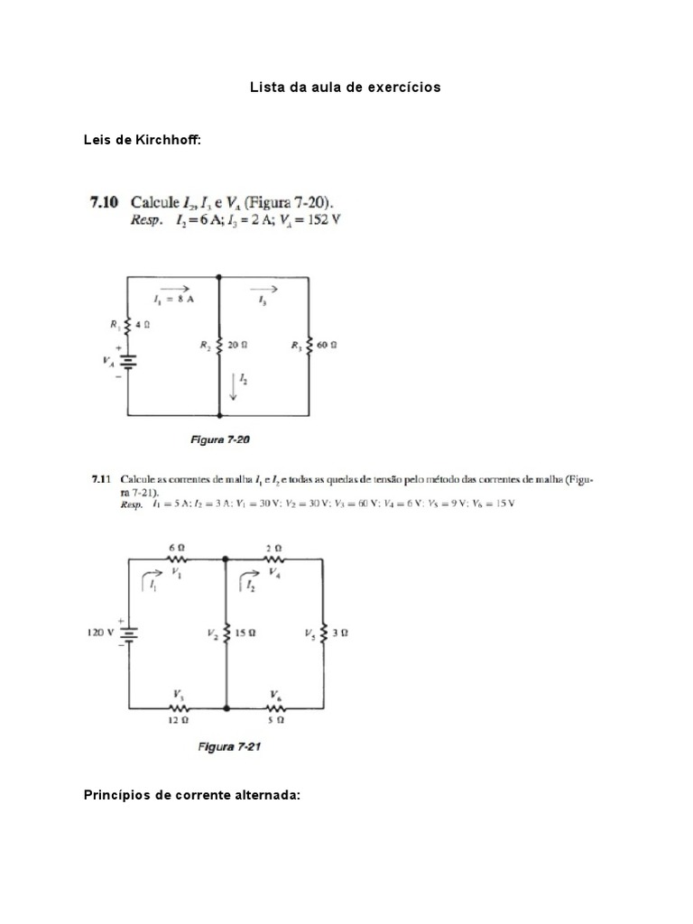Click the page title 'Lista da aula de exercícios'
click(346, 88)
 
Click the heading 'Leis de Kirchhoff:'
click(143, 141)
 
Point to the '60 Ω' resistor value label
click(326, 345)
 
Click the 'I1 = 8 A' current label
click(174, 300)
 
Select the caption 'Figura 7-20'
click(219, 440)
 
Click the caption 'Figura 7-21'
click(229, 747)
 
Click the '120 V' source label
click(101, 633)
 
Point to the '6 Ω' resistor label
click(178, 548)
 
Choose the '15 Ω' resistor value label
click(245, 633)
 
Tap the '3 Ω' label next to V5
click(340, 633)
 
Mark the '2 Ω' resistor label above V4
click(275, 548)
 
